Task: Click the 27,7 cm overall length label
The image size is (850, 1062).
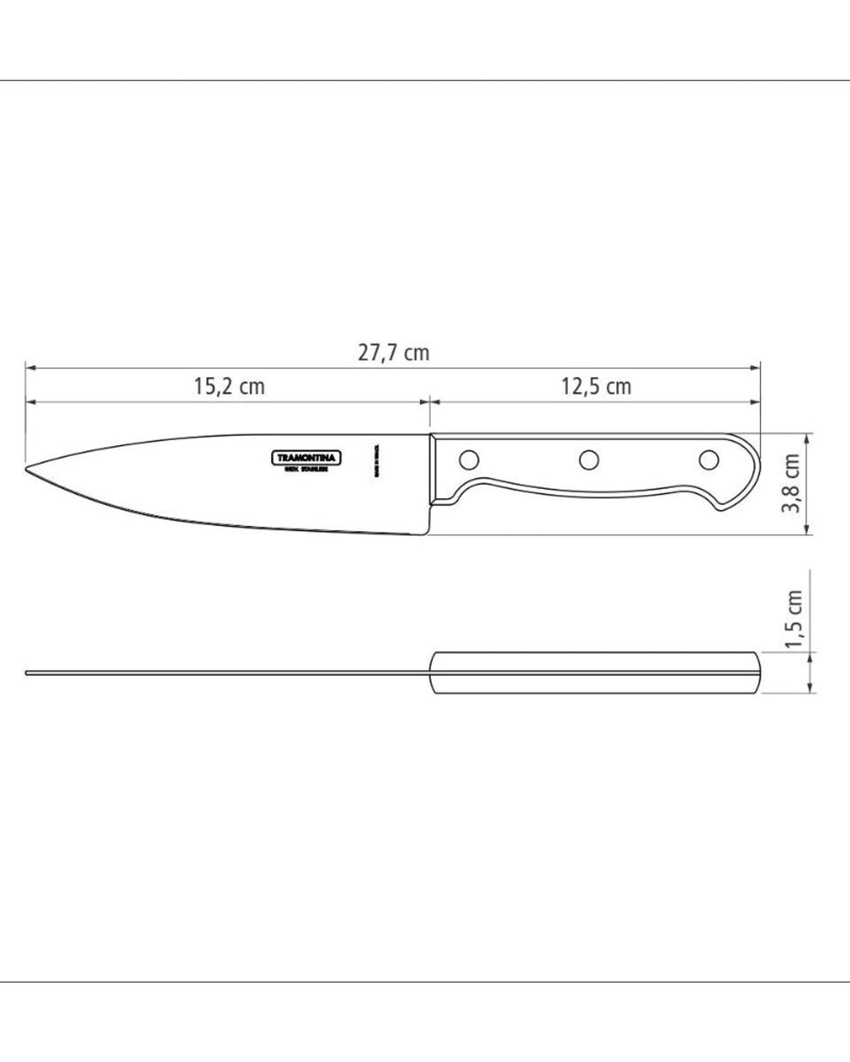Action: pos(394,353)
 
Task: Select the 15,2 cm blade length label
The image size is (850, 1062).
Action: pos(229,386)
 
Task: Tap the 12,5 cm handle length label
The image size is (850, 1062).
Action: pos(596,386)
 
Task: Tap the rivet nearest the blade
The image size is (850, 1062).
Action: pos(469,459)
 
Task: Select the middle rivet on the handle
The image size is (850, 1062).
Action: pos(588,459)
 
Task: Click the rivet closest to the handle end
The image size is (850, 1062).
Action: pos(709,459)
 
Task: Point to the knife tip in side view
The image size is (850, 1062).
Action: pos(27,469)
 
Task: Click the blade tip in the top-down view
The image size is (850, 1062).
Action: pos(27,672)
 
